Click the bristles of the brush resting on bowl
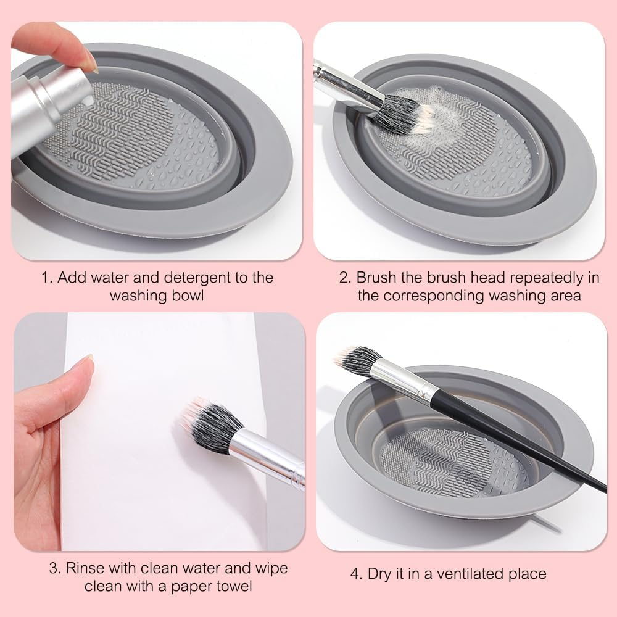click(x=357, y=361)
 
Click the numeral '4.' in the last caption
click(x=357, y=574)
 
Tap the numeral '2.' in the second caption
click(x=345, y=278)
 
